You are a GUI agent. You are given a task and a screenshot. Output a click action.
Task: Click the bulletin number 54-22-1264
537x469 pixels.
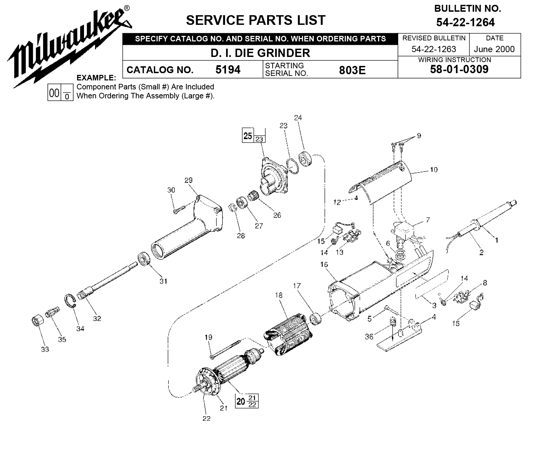(x=465, y=22)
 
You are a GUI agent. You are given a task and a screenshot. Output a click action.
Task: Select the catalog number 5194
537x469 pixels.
(x=228, y=70)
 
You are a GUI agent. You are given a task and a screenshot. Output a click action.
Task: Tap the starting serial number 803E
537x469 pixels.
(x=352, y=70)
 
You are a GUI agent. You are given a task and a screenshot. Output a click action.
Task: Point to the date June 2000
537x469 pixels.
(x=494, y=49)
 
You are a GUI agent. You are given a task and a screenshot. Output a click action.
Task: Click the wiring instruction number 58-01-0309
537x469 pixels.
(x=459, y=69)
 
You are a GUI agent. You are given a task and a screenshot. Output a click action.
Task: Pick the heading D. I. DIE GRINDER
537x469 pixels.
(x=260, y=53)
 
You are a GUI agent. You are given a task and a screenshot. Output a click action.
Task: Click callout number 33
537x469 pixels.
(x=45, y=349)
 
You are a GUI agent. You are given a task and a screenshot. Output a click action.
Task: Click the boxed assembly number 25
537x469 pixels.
(x=248, y=136)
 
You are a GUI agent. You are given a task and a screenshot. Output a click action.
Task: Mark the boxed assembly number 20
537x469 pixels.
(x=241, y=401)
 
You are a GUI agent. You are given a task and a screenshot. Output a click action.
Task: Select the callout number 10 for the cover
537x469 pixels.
(x=433, y=170)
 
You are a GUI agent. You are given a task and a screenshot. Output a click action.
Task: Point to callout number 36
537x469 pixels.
(x=369, y=336)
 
